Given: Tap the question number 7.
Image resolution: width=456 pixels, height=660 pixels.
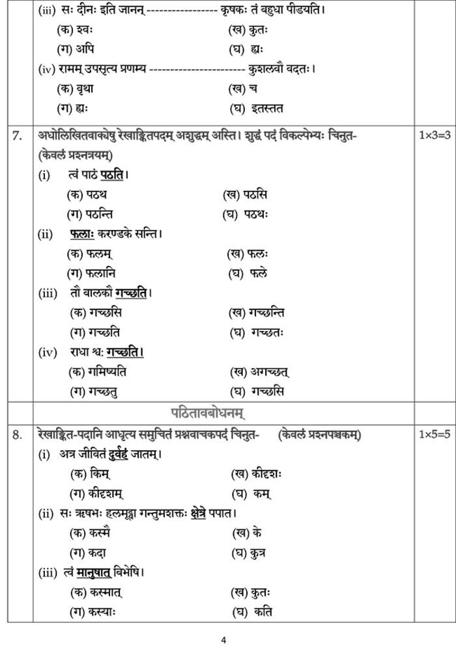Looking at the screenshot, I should (x=18, y=136).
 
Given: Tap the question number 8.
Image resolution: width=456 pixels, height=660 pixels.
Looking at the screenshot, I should (x=18, y=435).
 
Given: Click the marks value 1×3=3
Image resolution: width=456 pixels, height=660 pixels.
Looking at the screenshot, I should (x=435, y=136).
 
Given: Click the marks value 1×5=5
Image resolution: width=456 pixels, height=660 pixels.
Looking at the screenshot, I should (x=435, y=435).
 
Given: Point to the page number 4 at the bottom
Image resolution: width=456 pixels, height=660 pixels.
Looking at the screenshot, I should (x=223, y=640).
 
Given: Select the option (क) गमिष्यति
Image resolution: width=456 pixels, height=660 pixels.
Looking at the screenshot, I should (x=98, y=372).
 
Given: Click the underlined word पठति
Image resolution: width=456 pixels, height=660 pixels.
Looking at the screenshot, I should (x=112, y=175).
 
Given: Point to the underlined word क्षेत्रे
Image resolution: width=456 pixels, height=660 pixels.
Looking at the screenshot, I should (x=198, y=513).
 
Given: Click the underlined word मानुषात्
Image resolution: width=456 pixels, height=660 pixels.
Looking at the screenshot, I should (x=93, y=573).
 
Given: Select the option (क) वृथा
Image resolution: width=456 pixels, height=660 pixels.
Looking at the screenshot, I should (x=75, y=89).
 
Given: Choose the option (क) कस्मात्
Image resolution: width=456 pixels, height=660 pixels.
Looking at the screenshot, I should (x=96, y=592).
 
